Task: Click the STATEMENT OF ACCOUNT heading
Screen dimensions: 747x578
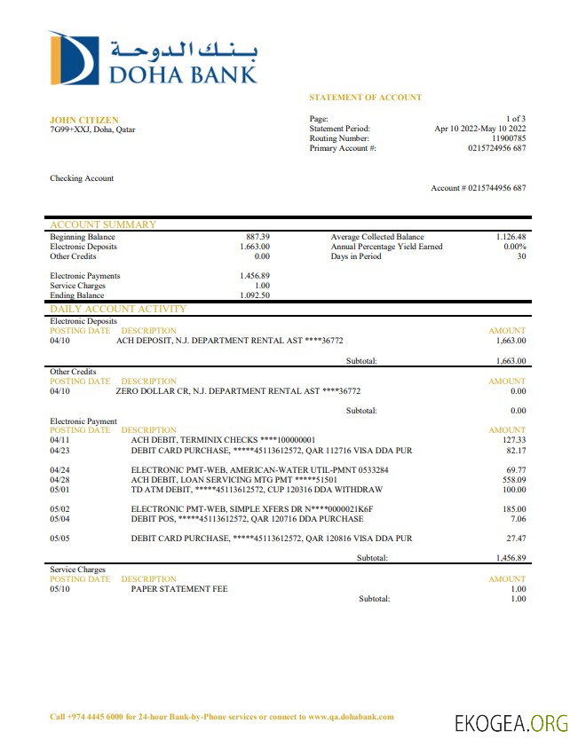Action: pyautogui.click(x=365, y=98)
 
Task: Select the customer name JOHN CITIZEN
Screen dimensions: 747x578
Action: pyautogui.click(x=83, y=120)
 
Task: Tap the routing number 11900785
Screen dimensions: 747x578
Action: pyautogui.click(x=509, y=138)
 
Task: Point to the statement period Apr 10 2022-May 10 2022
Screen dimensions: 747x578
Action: pyautogui.click(x=479, y=129)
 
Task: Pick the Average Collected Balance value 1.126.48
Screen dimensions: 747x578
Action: pyautogui.click(x=511, y=237)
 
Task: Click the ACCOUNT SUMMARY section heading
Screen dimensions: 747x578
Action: pyautogui.click(x=102, y=224)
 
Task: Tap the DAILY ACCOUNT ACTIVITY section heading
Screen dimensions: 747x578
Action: pyautogui.click(x=118, y=309)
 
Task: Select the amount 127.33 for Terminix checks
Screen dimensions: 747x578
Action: pyautogui.click(x=514, y=440)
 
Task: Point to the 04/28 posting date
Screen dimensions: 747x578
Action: pyautogui.click(x=59, y=479)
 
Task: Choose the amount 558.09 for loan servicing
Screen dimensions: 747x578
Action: pyautogui.click(x=514, y=479)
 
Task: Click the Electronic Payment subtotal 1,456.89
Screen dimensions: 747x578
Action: pyautogui.click(x=511, y=558)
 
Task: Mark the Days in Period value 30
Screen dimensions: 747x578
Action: pyautogui.click(x=521, y=256)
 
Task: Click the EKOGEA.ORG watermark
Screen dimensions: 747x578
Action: pyautogui.click(x=511, y=723)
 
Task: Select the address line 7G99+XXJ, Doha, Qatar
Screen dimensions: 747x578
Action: pyautogui.click(x=92, y=130)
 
